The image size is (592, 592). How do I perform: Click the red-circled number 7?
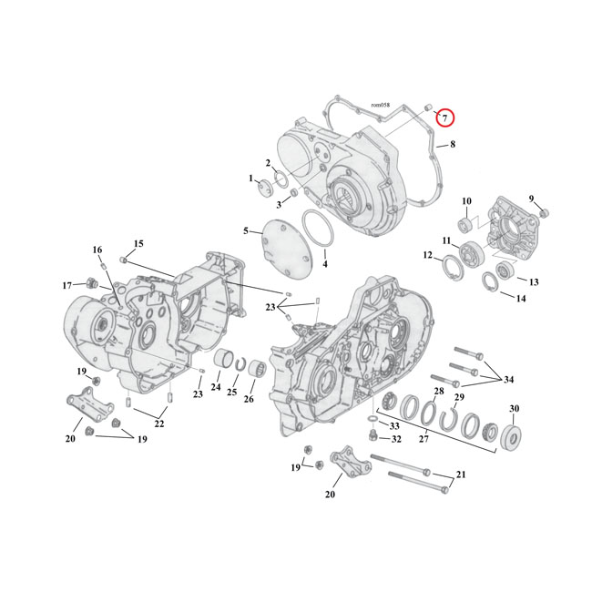coord(444,117)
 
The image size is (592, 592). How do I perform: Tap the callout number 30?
coord(514,409)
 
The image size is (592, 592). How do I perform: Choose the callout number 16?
coord(97,250)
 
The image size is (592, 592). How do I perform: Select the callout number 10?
coord(465,201)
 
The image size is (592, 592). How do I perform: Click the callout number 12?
coord(427,256)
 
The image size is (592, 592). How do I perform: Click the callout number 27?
coord(422,440)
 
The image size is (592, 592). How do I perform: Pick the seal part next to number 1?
coord(265,189)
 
